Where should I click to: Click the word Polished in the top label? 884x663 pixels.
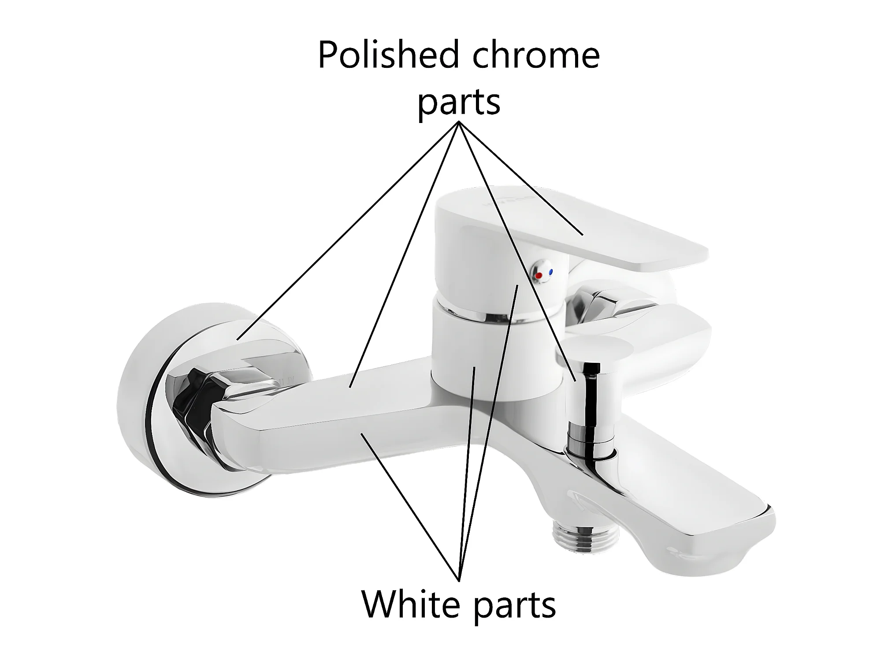pyautogui.click(x=384, y=55)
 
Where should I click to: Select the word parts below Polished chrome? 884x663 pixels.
pyautogui.click(x=459, y=102)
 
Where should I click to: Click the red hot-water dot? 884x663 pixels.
pyautogui.click(x=538, y=276)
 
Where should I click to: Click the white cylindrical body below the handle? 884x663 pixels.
pyautogui.click(x=485, y=353)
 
